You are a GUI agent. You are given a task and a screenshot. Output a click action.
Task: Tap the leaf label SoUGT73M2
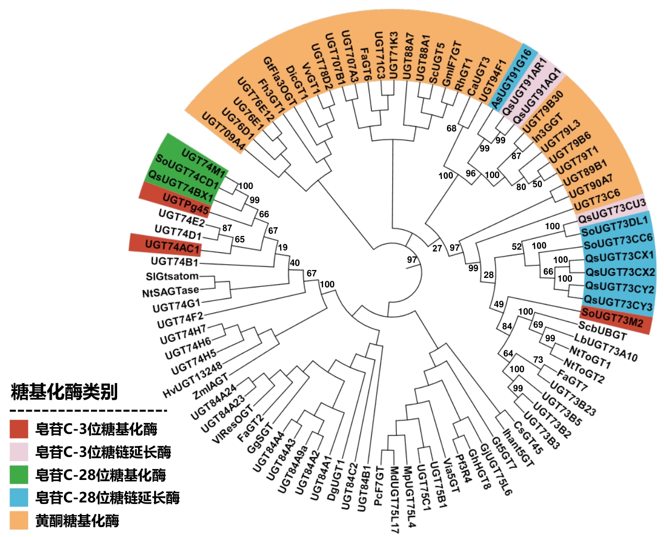612,317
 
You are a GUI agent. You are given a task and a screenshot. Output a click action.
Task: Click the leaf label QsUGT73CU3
612,210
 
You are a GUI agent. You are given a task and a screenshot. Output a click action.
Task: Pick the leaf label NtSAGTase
171,292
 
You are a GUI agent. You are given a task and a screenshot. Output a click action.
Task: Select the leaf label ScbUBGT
602,330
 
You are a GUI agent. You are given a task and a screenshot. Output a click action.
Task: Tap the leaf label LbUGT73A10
605,348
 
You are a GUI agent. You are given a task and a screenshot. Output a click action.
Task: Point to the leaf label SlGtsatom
172,276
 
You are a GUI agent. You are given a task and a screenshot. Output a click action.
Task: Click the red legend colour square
19,429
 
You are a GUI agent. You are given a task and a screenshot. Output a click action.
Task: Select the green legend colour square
19,474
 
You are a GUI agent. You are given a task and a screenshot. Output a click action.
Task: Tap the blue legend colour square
19,497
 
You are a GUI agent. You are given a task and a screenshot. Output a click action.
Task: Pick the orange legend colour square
19,520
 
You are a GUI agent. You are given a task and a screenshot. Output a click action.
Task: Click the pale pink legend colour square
19,452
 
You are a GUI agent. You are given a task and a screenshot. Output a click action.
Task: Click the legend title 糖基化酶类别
64,391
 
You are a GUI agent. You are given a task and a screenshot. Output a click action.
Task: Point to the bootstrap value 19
282,248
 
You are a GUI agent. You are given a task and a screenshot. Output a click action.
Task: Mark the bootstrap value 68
451,128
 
